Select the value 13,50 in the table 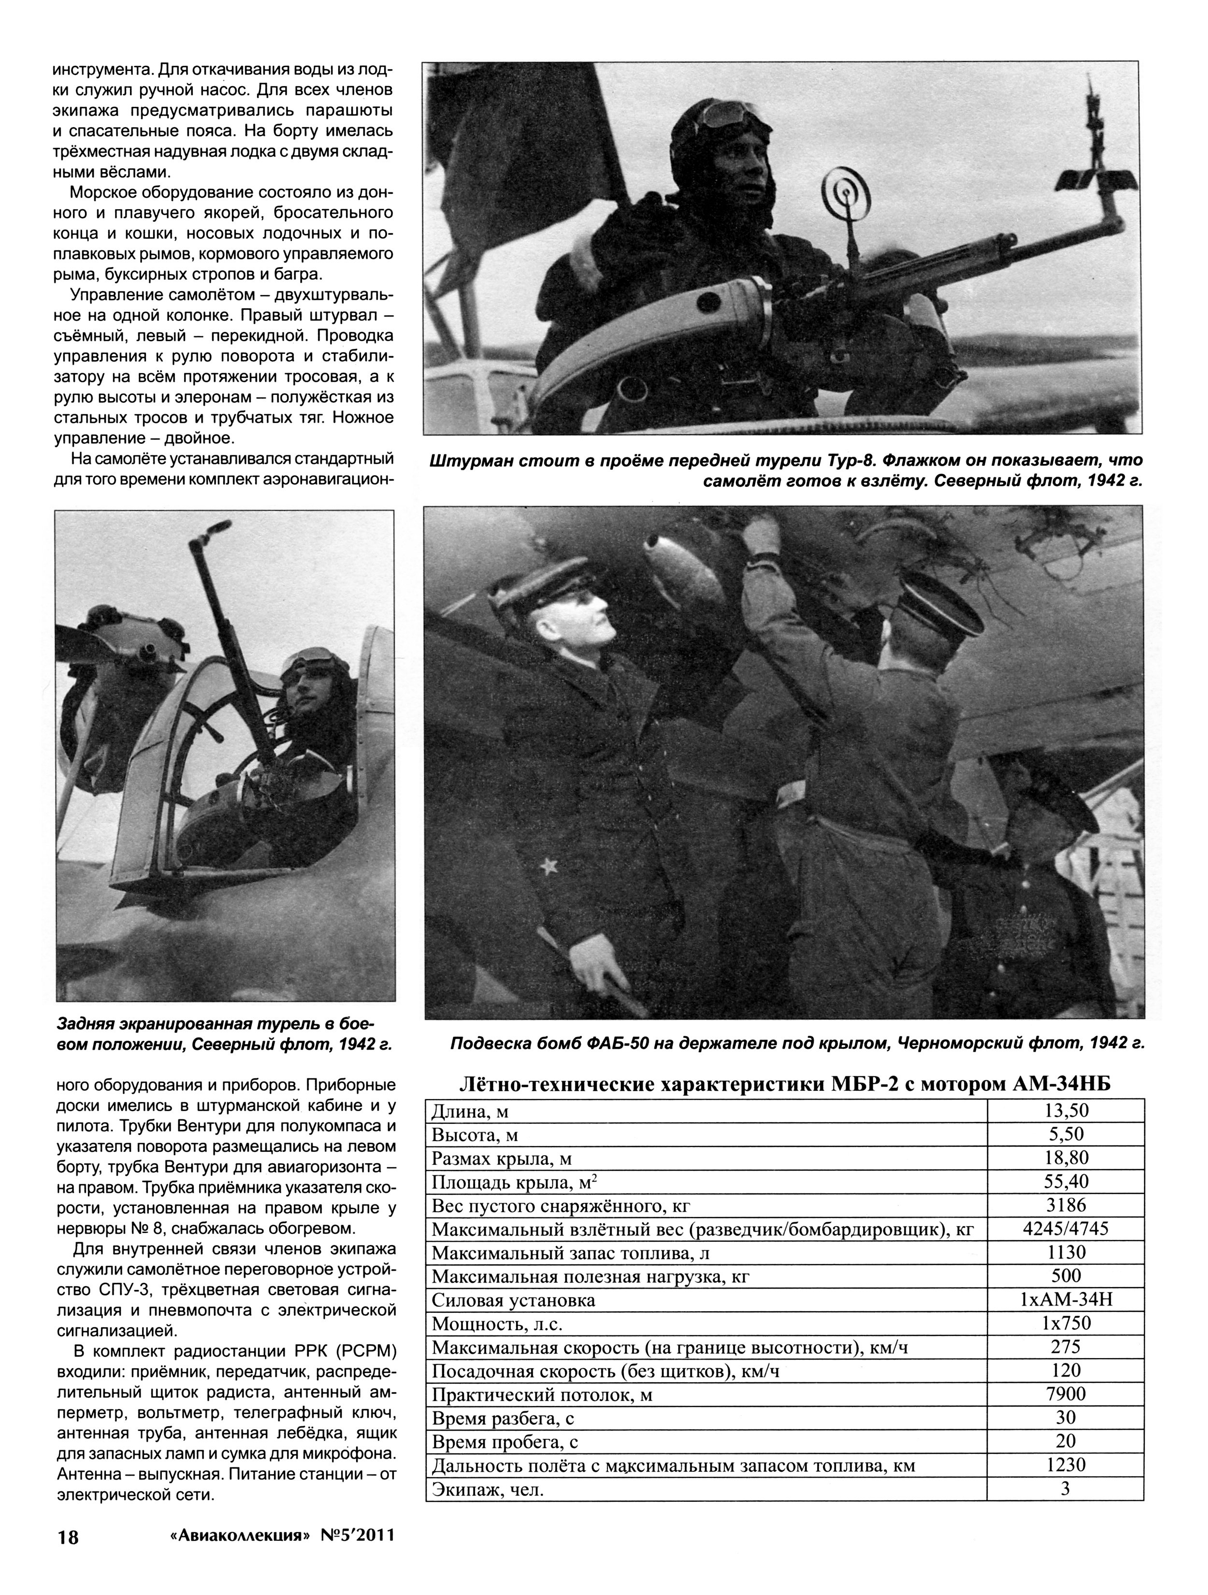[1065, 1110]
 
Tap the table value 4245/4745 [1065, 1229]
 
